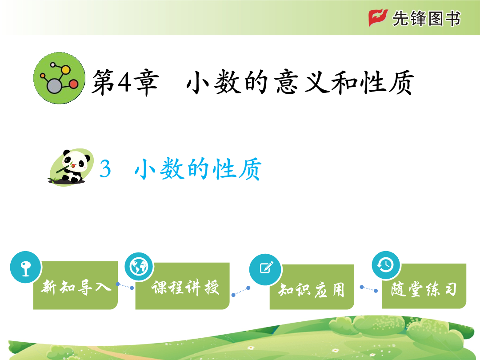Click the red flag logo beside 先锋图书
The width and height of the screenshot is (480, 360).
point(378,18)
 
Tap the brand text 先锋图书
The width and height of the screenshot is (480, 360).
point(426,18)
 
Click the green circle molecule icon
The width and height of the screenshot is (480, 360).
point(60,78)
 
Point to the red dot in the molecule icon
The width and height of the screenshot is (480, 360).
point(73,84)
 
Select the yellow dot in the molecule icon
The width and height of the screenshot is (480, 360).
point(65,70)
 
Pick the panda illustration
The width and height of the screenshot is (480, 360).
point(71,167)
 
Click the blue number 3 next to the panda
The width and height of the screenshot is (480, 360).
point(105,169)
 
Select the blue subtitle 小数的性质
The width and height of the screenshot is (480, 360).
point(198,169)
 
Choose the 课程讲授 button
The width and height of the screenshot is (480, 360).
point(183,286)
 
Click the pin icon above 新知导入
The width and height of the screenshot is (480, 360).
point(25,267)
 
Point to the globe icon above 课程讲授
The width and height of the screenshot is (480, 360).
point(139,267)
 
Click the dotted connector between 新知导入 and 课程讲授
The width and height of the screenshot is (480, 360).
point(124,286)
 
